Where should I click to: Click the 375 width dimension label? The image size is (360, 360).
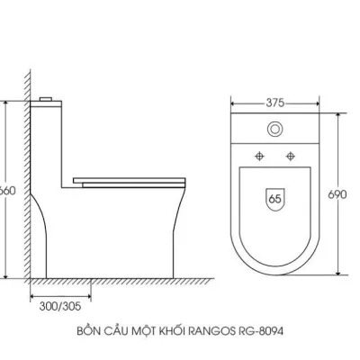pyautogui.click(x=276, y=102)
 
